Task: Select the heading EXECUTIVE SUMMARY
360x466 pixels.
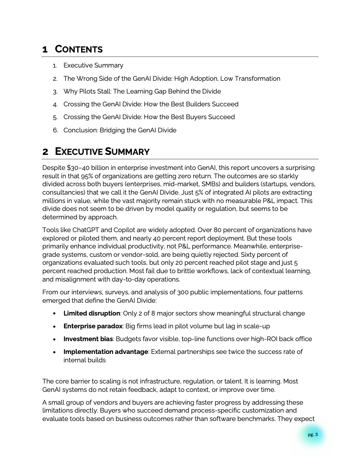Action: click(x=102, y=152)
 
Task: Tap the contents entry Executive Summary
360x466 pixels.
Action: click(x=93, y=65)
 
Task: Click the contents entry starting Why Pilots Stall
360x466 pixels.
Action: click(x=142, y=91)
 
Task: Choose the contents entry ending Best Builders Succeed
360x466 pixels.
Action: click(x=151, y=104)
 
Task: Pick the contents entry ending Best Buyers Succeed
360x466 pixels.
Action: click(x=149, y=117)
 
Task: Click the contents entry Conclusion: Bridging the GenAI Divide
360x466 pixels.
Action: click(x=120, y=130)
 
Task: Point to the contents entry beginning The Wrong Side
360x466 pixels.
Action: click(x=172, y=79)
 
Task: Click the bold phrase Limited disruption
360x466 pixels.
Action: click(x=92, y=313)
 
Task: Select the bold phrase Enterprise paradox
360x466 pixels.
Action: click(x=93, y=326)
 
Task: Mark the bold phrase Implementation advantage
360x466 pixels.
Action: click(x=106, y=352)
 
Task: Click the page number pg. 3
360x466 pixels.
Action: click(x=313, y=435)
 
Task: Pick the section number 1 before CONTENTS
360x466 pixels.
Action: click(x=45, y=49)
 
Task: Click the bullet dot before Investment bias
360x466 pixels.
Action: click(x=54, y=339)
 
